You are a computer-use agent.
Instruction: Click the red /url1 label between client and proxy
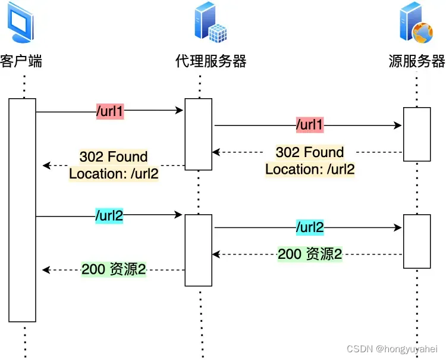[109, 111]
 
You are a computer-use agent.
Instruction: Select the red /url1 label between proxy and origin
[310, 126]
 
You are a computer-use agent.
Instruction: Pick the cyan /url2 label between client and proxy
[109, 215]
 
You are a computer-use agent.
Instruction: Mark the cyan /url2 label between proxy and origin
[310, 227]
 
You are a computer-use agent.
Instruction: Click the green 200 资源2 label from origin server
[310, 254]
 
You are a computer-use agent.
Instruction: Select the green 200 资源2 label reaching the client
[114, 270]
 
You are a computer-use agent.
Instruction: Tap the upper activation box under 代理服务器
[198, 134]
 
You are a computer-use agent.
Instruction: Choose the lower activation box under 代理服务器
[198, 251]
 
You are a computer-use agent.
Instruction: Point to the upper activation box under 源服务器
[416, 134]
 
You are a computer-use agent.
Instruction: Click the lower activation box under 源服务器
[416, 241]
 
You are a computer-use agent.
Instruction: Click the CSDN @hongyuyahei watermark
[392, 349]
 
